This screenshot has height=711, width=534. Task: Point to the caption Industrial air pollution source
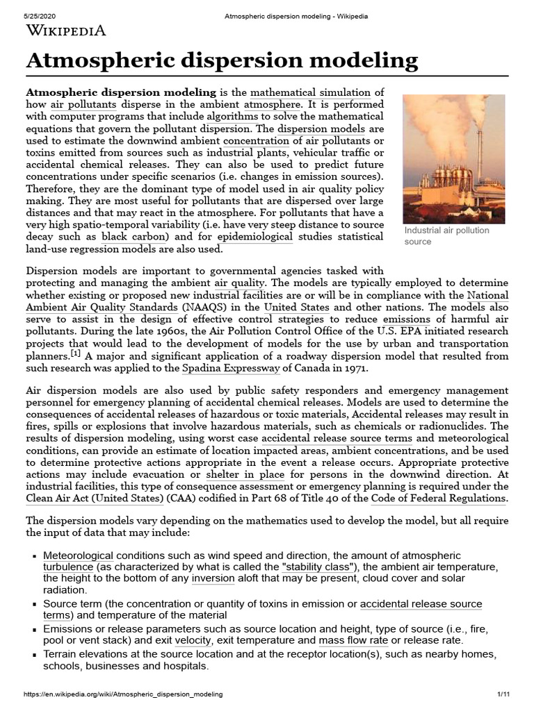446,236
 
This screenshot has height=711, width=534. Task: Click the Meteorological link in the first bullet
78,555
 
